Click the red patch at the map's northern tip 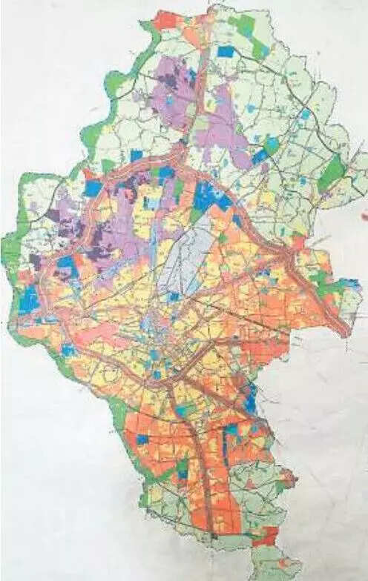click(x=165, y=20)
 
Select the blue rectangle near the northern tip click(x=226, y=51)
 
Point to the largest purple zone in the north click(x=173, y=93)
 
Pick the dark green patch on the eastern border click(x=332, y=173)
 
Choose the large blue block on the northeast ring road click(x=209, y=196)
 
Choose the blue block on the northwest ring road click(x=93, y=188)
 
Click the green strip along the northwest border click(x=92, y=133)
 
